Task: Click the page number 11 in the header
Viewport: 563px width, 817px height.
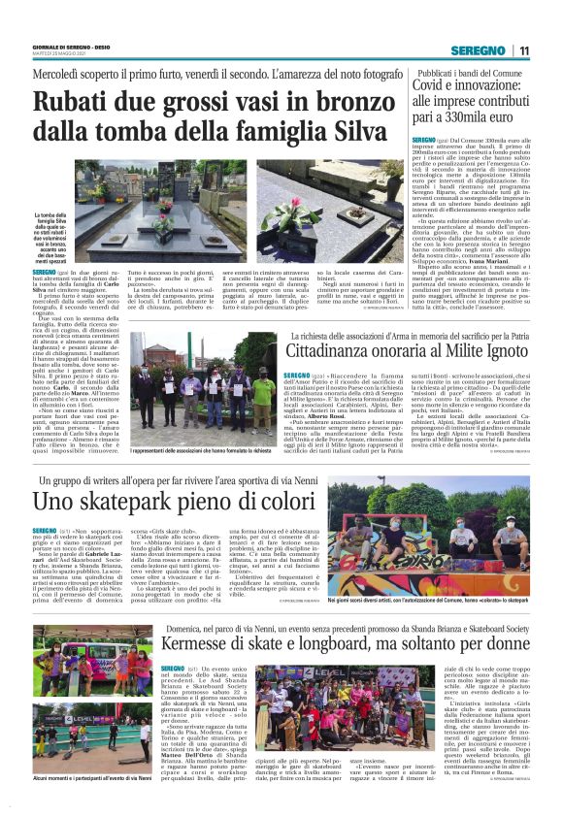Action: tap(524, 51)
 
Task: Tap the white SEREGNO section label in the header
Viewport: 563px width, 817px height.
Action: tap(480, 51)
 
